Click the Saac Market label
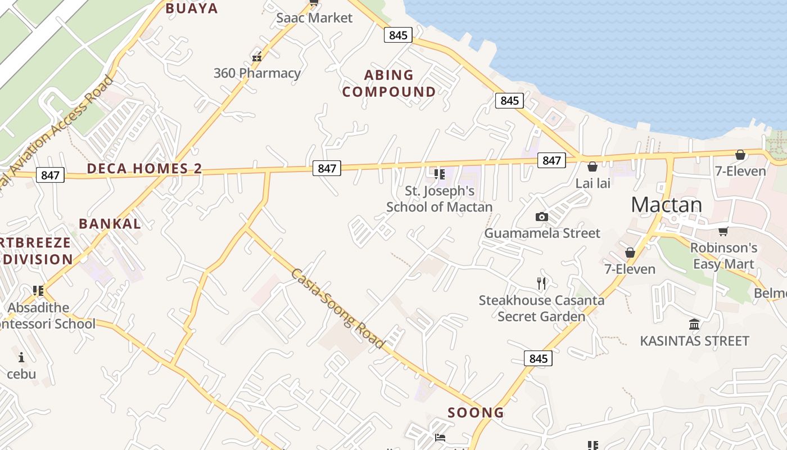coord(314,18)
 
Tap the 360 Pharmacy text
coord(257,73)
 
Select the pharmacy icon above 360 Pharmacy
coord(257,57)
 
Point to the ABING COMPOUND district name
coord(389,83)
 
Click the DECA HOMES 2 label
coord(144,169)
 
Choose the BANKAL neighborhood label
coord(110,223)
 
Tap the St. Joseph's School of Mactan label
coord(439,199)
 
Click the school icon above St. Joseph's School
coord(439,174)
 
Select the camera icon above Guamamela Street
coord(541,217)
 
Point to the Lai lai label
coord(592,183)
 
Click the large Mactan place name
coord(666,205)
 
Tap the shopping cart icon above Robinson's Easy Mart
coord(723,231)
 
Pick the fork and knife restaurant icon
coord(541,283)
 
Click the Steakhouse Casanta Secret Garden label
coord(541,308)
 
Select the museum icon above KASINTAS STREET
coord(694,325)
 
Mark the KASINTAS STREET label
coord(694,341)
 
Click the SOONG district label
coord(476,413)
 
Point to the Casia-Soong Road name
coord(338,309)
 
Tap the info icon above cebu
coord(21,357)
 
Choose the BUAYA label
coord(191,8)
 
